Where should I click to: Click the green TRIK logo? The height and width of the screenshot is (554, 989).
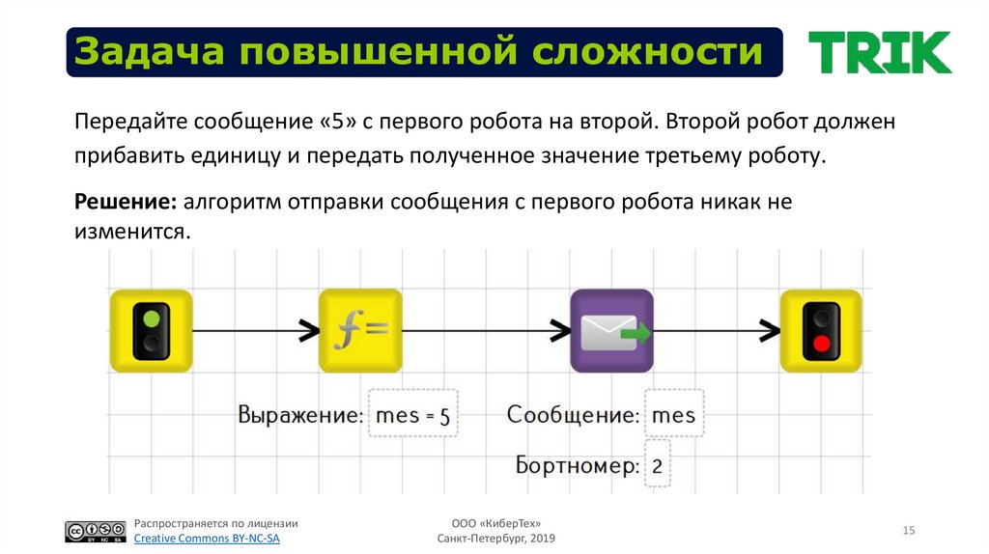click(879, 52)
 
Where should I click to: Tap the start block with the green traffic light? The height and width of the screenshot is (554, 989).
click(151, 330)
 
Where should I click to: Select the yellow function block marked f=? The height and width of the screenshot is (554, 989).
click(360, 330)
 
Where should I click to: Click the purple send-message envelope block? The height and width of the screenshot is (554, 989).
click(610, 330)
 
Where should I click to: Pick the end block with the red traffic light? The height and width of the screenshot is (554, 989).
click(821, 330)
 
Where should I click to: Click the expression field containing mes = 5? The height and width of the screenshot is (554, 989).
click(412, 416)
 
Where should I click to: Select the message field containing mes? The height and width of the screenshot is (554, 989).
click(673, 415)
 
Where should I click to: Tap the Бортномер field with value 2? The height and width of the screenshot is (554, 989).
click(657, 466)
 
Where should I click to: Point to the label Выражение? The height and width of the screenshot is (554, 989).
click(300, 416)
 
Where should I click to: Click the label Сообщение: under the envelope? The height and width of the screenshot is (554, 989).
click(573, 415)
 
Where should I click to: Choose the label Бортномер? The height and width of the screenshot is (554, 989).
click(577, 466)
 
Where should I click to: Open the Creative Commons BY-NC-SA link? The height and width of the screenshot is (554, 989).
click(206, 539)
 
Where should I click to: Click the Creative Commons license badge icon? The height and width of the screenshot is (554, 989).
click(96, 532)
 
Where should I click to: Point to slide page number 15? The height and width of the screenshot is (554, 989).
click(908, 530)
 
